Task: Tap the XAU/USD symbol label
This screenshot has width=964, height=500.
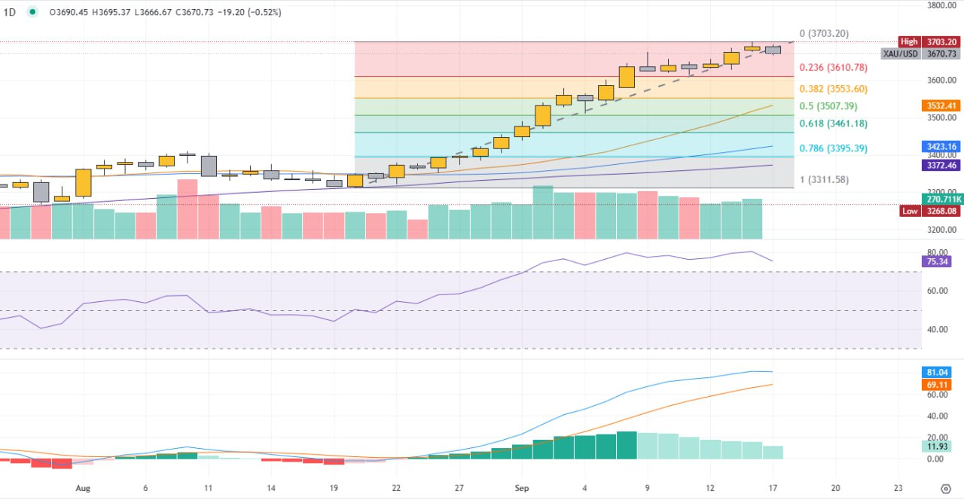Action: pos(900,54)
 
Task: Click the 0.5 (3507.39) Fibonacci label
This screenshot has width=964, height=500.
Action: pos(830,106)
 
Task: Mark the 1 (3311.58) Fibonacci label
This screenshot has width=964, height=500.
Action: pos(827,179)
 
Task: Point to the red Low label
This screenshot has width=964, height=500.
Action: pos(910,212)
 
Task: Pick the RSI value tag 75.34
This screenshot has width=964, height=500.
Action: pos(938,262)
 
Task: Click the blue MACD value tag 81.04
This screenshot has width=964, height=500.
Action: pos(938,373)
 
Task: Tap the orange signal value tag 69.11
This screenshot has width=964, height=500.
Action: pos(938,385)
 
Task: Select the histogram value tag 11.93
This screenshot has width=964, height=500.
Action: pos(938,447)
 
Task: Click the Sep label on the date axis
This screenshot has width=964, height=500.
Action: pos(521,488)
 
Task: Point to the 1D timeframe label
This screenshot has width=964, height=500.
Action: pos(10,12)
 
